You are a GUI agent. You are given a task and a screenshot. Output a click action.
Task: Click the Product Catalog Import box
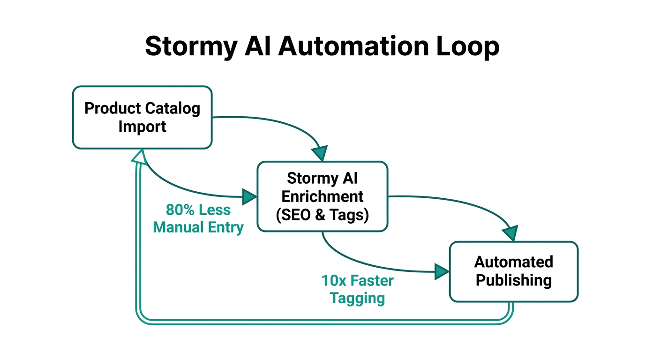point(142,117)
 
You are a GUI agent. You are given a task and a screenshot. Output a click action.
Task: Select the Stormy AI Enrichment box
point(322,196)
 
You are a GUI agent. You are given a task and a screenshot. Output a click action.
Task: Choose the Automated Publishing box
point(513,271)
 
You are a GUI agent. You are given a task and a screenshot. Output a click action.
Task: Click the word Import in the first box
point(142,127)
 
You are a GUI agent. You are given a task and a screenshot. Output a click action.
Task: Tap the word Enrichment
point(322,196)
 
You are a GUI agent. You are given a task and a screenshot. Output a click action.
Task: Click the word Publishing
point(513,280)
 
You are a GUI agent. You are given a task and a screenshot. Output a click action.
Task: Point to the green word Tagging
point(357,298)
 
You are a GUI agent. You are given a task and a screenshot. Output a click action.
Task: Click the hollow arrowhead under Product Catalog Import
point(139,157)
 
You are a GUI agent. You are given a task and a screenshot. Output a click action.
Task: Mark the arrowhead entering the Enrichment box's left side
point(249,196)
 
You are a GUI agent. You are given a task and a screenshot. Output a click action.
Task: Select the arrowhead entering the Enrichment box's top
point(320,153)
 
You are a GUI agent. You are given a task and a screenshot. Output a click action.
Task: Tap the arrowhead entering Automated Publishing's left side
point(442,271)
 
